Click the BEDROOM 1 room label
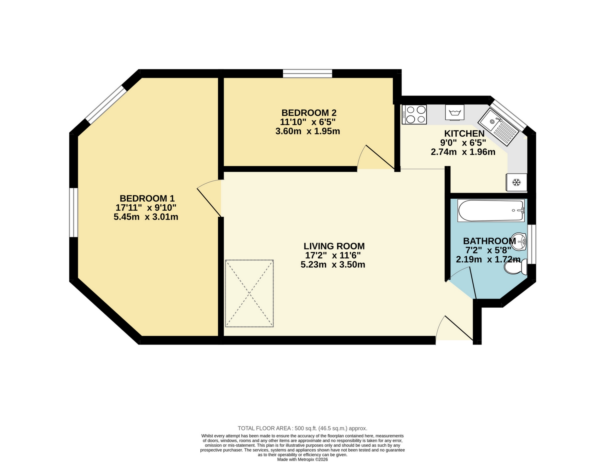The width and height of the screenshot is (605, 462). [x=147, y=198]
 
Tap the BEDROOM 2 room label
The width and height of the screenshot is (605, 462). [x=309, y=113]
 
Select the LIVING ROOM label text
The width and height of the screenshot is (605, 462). [x=334, y=246]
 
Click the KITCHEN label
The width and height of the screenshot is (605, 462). [x=464, y=133]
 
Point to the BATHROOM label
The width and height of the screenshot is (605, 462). [x=489, y=241]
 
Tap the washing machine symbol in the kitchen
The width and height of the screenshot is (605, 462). [x=455, y=112]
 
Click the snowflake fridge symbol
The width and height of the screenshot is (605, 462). [x=516, y=182]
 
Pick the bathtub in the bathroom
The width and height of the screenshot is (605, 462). [x=491, y=210]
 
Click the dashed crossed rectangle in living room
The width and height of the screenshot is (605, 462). [x=249, y=294]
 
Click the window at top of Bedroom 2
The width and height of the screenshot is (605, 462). [x=308, y=74]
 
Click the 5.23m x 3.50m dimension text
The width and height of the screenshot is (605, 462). [x=333, y=265]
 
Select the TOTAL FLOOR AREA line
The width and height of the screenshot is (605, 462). [x=302, y=428]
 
